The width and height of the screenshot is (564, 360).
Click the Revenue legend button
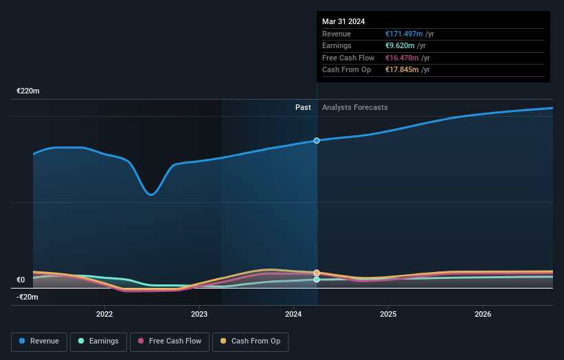click(x=39, y=341)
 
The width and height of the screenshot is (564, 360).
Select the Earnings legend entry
click(x=98, y=341)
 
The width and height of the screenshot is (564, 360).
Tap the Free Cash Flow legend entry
click(x=170, y=341)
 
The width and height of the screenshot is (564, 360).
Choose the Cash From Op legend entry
click(x=251, y=341)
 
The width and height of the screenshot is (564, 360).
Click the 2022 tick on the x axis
click(x=104, y=314)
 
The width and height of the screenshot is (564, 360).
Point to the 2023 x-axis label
click(x=199, y=314)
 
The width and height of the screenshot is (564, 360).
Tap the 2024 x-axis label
click(x=293, y=314)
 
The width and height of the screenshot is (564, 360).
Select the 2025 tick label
click(x=388, y=314)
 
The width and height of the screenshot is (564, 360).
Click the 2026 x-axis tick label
click(x=482, y=314)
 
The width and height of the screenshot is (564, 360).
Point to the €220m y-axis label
click(x=28, y=91)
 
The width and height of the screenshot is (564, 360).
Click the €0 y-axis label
click(x=21, y=280)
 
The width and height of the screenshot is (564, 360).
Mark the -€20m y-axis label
click(x=27, y=297)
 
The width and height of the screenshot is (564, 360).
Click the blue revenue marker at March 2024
click(x=317, y=140)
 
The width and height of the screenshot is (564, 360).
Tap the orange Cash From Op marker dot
click(x=317, y=273)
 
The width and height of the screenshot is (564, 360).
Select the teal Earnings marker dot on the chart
click(x=317, y=280)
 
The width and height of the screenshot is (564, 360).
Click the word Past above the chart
click(x=303, y=107)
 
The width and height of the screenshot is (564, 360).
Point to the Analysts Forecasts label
click(x=354, y=107)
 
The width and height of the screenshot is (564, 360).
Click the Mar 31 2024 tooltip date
click(x=343, y=21)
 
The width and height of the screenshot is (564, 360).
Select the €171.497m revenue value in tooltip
click(x=404, y=34)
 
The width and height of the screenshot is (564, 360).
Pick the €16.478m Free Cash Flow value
click(x=402, y=58)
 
